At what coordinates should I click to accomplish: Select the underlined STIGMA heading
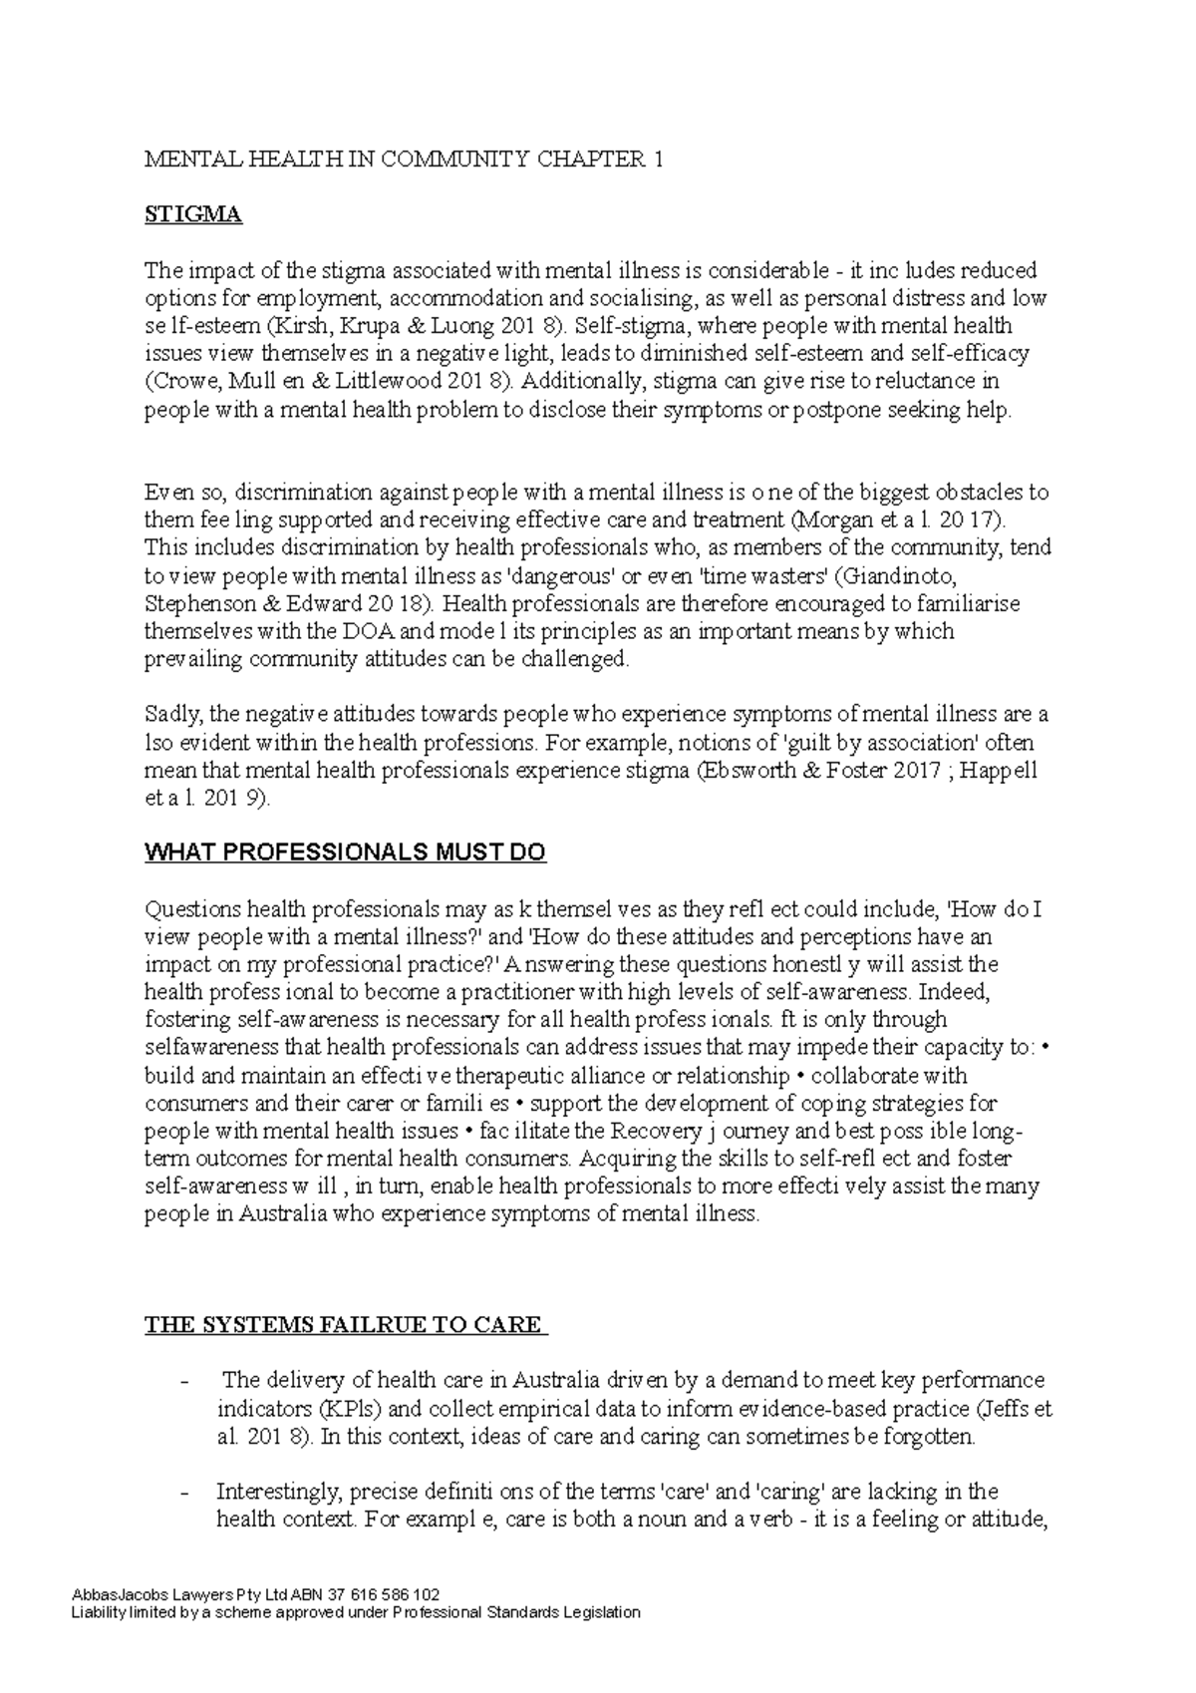pyautogui.click(x=193, y=215)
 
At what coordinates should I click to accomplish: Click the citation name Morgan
pyautogui.click(x=829, y=519)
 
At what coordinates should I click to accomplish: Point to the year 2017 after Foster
pyautogui.click(x=922, y=771)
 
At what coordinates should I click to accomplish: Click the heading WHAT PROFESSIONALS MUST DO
pyautogui.click(x=346, y=853)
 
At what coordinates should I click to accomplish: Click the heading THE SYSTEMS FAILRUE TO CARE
pyautogui.click(x=346, y=1326)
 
